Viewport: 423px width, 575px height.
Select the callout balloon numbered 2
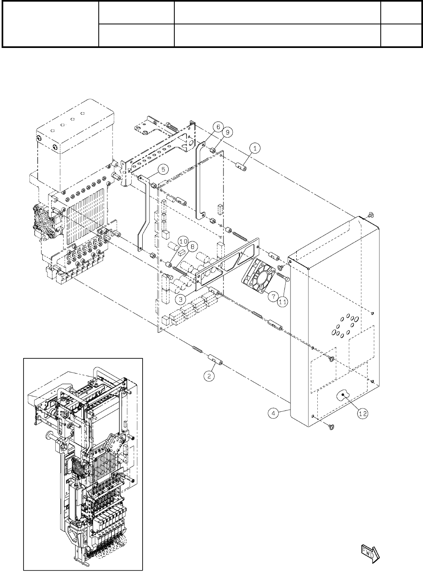[x=209, y=376]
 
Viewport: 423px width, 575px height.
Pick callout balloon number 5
[x=162, y=169]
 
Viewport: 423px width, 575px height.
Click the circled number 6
[x=218, y=127]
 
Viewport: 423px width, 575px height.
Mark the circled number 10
[x=182, y=241]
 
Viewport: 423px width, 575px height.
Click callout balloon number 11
[x=283, y=301]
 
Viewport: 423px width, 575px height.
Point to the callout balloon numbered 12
[x=362, y=413]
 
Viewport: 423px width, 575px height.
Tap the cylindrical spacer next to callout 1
[x=241, y=166]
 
